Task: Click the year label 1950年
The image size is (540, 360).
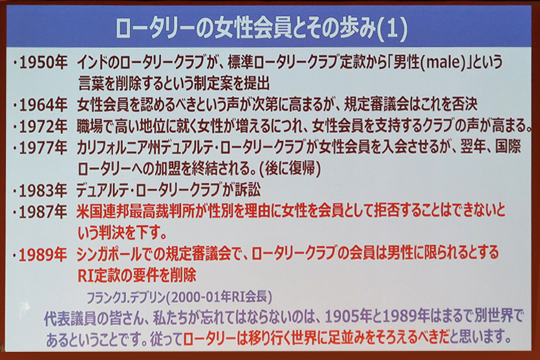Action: (43, 63)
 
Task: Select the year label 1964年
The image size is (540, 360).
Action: (43, 104)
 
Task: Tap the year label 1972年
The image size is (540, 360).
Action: (43, 127)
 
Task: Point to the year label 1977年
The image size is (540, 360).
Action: (43, 148)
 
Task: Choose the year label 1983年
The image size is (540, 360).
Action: (43, 191)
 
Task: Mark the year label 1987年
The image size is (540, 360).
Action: (43, 212)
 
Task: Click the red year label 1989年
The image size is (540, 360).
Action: (43, 255)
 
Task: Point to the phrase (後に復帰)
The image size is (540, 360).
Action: (290, 169)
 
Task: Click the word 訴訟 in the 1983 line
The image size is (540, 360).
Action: (248, 191)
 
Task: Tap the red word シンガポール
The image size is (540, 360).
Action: (109, 254)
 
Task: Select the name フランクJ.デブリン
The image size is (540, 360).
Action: (126, 297)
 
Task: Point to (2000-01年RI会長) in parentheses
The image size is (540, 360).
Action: (220, 297)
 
